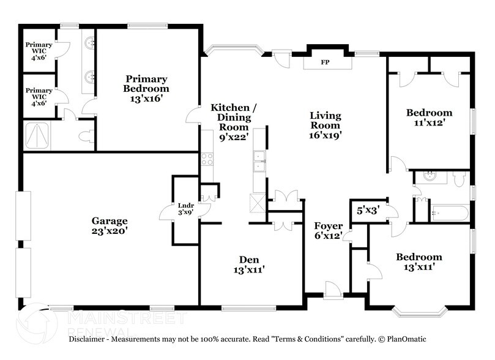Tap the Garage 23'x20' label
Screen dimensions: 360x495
110,226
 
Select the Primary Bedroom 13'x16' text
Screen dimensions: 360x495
146,88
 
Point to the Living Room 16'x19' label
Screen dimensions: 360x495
325,126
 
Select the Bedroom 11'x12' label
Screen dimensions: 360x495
430,117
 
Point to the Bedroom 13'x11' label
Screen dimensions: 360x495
419,262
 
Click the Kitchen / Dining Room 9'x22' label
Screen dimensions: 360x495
233,122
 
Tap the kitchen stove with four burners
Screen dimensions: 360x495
207,159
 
